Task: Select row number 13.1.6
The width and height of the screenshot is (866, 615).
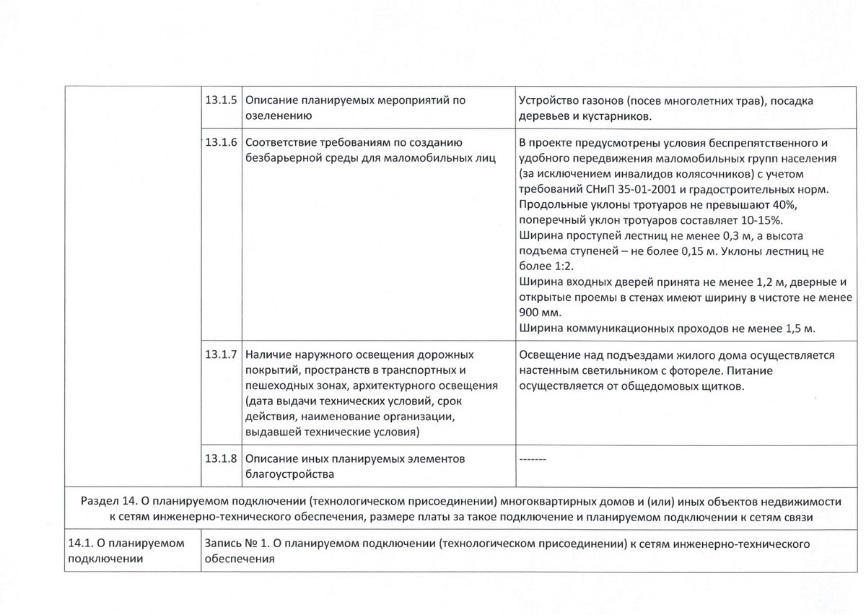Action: [x=221, y=141]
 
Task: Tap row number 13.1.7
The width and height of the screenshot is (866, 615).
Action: [x=221, y=355]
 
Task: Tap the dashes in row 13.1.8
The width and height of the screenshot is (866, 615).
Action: [x=533, y=460]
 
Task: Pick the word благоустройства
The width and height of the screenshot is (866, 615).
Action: [x=290, y=474]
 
